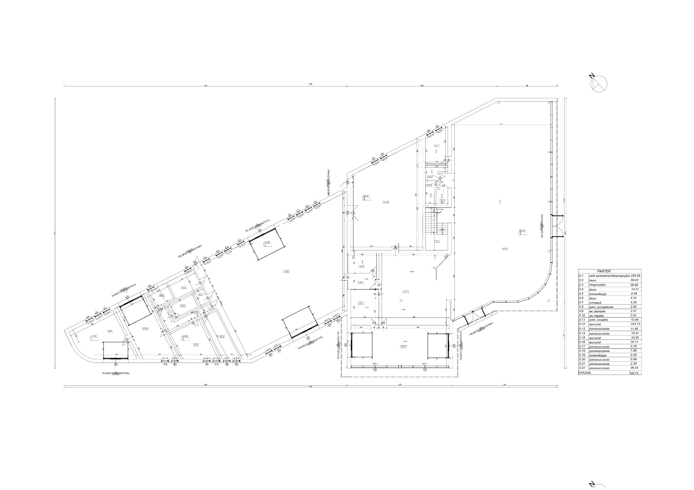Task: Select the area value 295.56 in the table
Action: coord(633,275)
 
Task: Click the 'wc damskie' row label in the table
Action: coord(599,311)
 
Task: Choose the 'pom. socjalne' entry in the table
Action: coord(600,320)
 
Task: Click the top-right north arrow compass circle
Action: coord(599,84)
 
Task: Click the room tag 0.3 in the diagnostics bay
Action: coord(404,347)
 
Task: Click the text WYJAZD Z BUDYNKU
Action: coord(542,227)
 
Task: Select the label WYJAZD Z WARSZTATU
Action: coord(258,225)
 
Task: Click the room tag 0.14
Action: coord(196,345)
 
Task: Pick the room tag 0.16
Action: coord(110,331)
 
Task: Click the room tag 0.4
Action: coord(361,303)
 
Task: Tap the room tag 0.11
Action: coord(436,146)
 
